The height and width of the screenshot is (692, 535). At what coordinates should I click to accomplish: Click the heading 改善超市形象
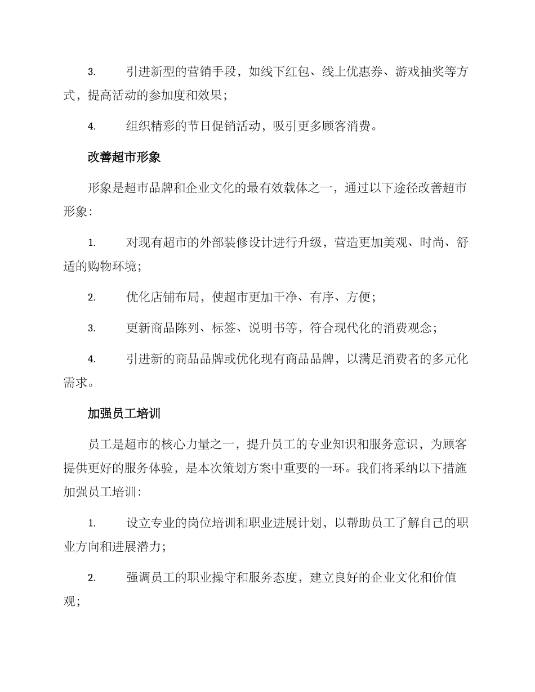[x=124, y=157]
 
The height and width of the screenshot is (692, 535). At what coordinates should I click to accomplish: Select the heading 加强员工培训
[x=124, y=414]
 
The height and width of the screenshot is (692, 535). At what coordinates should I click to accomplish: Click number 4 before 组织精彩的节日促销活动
[x=91, y=127]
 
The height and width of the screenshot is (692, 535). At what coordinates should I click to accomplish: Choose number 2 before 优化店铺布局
[x=91, y=298]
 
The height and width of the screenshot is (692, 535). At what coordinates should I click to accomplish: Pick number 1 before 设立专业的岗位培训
[x=91, y=524]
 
